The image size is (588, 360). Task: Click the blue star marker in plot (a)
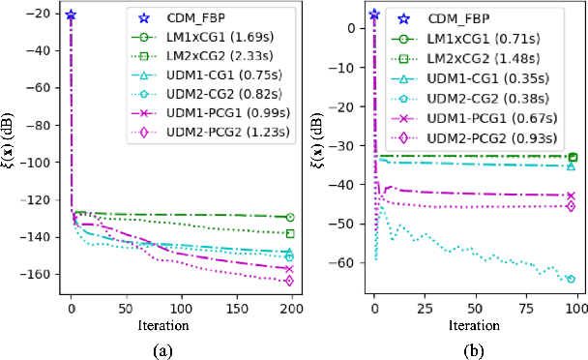71,15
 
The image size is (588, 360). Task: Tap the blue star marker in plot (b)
375,15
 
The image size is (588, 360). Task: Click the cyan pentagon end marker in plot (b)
571,279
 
